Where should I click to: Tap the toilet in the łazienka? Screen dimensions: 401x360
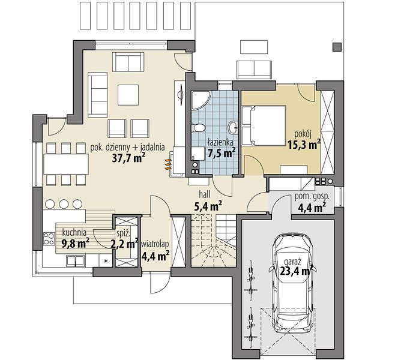199,127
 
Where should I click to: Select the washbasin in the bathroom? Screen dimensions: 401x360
234,127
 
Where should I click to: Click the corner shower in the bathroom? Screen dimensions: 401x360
200,100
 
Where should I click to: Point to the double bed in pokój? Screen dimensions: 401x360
264,126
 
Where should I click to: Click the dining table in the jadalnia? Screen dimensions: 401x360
66,164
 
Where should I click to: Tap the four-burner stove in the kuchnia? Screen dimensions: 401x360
49,239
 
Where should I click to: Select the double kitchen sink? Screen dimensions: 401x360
76,260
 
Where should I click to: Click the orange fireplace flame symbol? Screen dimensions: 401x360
167,164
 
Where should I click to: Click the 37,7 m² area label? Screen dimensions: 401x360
129,158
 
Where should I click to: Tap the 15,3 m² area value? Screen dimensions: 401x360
304,145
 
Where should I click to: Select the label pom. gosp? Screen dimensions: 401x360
312,197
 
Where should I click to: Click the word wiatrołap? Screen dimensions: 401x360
155,244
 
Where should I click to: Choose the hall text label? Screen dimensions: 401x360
205,194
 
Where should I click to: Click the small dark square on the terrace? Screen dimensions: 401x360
337,47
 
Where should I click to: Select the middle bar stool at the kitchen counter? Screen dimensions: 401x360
64,204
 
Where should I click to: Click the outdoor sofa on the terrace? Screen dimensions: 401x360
254,70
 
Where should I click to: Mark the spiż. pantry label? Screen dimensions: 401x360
124,233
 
